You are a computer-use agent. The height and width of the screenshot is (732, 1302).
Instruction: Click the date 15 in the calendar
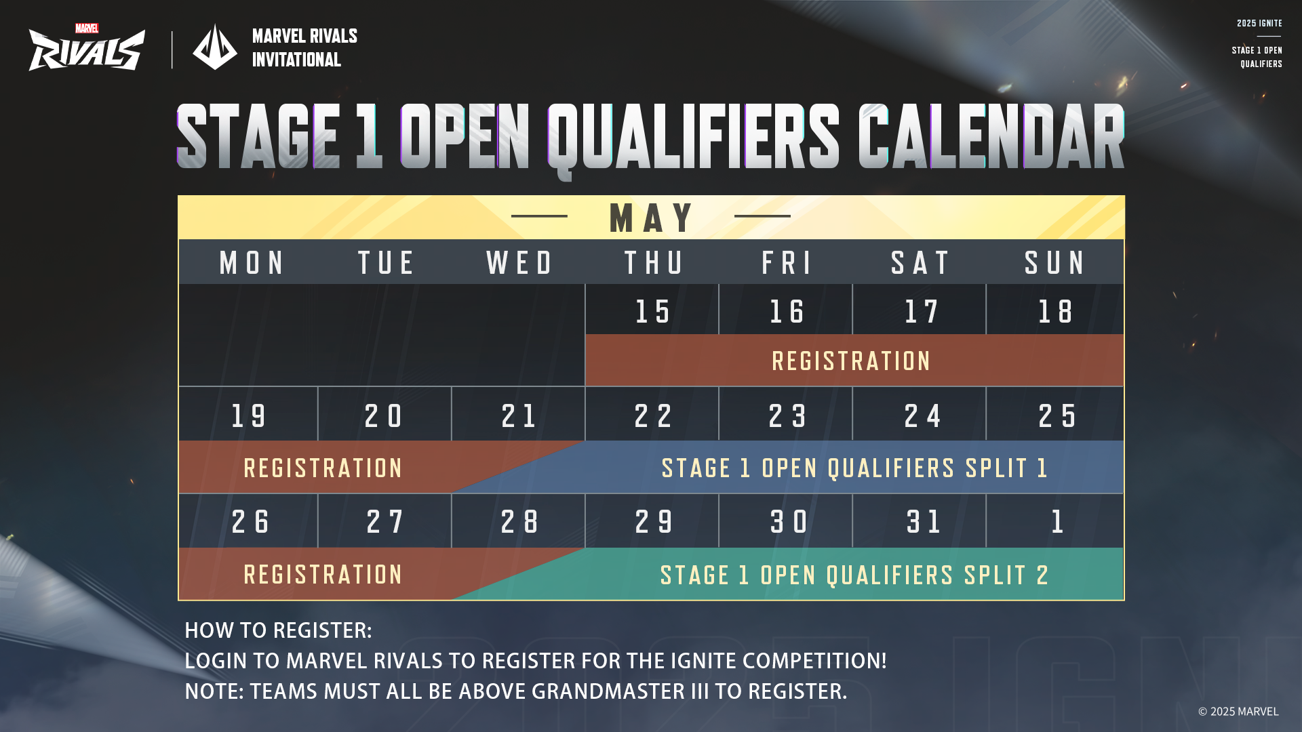tap(652, 312)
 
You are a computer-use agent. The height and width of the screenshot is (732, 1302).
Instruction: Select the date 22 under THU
tap(653, 415)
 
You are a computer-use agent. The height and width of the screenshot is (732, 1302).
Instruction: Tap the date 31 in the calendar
tap(923, 522)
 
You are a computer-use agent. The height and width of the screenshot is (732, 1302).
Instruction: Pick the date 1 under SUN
tap(1057, 522)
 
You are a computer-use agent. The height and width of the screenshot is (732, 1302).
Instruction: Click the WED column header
tap(519, 263)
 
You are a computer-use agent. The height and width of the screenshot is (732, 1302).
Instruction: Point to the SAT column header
tap(920, 263)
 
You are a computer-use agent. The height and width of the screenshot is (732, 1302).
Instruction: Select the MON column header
tap(252, 263)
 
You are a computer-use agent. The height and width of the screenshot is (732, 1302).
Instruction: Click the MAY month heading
tap(651, 218)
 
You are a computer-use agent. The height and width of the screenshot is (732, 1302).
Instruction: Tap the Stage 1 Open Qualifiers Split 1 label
tap(854, 468)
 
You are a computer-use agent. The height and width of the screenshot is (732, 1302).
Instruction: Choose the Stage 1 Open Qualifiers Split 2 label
tap(854, 575)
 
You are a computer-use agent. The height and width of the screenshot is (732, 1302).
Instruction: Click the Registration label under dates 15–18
tap(851, 361)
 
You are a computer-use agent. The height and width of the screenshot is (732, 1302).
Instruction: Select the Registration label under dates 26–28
tap(323, 575)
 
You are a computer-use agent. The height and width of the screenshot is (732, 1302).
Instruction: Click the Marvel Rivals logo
tap(87, 47)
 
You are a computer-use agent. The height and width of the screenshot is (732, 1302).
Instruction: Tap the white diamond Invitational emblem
tap(215, 47)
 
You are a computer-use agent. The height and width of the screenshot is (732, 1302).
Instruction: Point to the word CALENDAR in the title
tap(991, 136)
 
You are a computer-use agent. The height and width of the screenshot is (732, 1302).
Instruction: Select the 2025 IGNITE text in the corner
tap(1259, 24)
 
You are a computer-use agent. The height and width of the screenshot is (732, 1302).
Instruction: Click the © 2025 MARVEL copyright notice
tap(1238, 712)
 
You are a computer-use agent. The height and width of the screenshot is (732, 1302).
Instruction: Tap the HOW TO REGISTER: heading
tap(278, 630)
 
